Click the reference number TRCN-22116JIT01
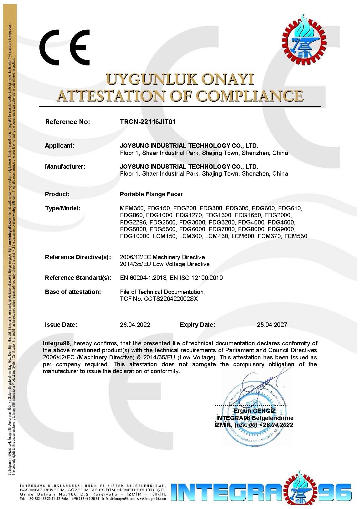(x=148, y=122)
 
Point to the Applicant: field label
(x=60, y=146)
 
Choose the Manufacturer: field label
(x=65, y=167)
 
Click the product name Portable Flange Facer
(x=151, y=194)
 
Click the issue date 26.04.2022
(x=135, y=325)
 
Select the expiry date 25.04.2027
(x=272, y=325)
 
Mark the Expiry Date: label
(x=197, y=325)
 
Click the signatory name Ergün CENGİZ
(x=255, y=410)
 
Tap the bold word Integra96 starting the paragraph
(x=56, y=343)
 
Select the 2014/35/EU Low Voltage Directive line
(x=165, y=264)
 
